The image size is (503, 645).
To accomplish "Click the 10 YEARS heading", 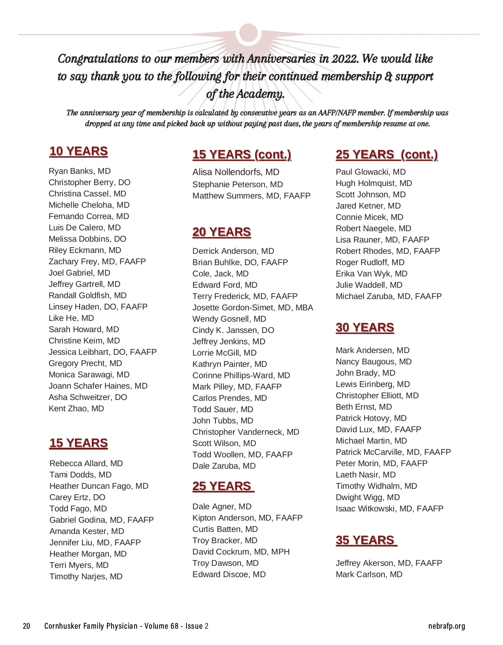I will (x=78, y=151).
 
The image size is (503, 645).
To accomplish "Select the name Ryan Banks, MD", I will (x=80, y=171).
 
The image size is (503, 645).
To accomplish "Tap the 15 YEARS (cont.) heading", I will (x=242, y=155).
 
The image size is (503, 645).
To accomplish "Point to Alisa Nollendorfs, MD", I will (x=236, y=172).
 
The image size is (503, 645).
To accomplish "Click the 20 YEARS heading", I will (x=222, y=232).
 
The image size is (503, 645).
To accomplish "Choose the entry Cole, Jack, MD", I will (x=220, y=273).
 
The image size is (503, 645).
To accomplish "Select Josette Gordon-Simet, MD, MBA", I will (x=253, y=307).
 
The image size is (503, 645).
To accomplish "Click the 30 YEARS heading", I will (x=365, y=328).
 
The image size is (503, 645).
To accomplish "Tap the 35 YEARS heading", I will (x=366, y=540).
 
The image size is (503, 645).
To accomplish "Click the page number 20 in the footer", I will (x=26, y=627).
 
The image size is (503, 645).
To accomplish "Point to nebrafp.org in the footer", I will (x=447, y=627).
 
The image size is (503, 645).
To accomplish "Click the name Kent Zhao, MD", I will (x=76, y=408).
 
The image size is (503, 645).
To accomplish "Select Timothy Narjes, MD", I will (x=86, y=576).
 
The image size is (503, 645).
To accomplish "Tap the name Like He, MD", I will (x=71, y=318).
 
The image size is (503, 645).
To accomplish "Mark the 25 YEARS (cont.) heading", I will (x=386, y=155).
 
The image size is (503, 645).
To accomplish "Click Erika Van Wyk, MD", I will (x=371, y=273).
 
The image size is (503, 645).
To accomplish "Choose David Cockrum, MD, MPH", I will (x=241, y=552).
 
